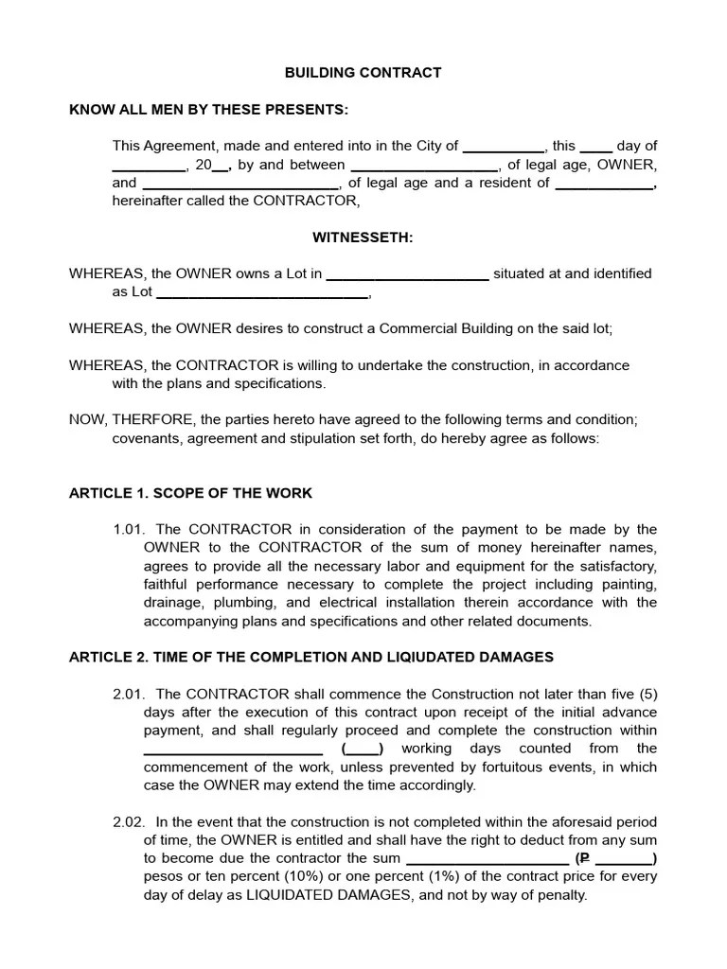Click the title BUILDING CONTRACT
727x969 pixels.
[x=363, y=73]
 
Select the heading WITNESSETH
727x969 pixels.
[x=363, y=238]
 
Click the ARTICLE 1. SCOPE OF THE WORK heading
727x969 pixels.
[x=190, y=493]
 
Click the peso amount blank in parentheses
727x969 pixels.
[x=624, y=858]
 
